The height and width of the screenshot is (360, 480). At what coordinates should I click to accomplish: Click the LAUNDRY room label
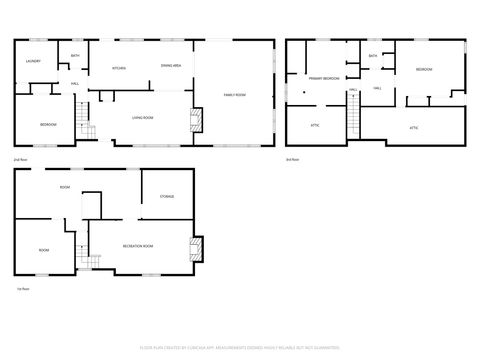[x=33, y=61]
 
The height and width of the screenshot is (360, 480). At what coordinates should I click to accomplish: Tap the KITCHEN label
[x=118, y=67]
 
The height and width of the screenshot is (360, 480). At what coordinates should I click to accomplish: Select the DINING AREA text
[x=170, y=66]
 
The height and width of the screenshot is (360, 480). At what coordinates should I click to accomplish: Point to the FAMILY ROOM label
[x=234, y=94]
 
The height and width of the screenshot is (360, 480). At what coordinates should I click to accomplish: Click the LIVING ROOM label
[x=142, y=118]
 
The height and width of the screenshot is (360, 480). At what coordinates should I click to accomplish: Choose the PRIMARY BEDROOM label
[x=323, y=78]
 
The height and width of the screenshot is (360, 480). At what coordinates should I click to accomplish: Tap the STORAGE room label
[x=167, y=197]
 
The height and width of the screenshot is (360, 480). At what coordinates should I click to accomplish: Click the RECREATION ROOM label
[x=137, y=245]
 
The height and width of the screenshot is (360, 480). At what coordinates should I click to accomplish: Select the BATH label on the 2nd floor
[x=75, y=57]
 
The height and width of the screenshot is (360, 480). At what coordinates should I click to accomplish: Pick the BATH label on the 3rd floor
[x=373, y=57]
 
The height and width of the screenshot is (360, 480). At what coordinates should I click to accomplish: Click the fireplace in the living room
[x=195, y=124]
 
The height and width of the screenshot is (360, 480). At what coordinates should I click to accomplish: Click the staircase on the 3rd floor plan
[x=352, y=122]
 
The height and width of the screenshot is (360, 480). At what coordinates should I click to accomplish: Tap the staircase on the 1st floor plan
[x=85, y=260]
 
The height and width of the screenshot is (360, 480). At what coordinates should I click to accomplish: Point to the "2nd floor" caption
[x=20, y=159]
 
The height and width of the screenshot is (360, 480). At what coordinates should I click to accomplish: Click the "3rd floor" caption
[x=292, y=159]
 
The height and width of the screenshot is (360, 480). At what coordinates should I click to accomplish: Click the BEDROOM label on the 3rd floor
[x=424, y=69]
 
